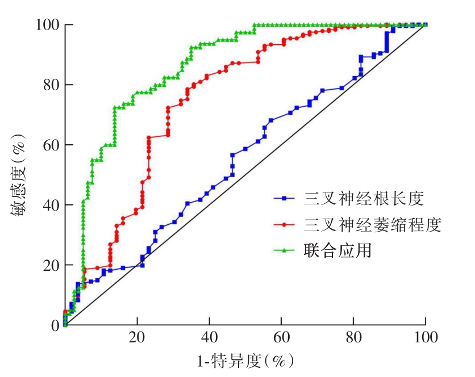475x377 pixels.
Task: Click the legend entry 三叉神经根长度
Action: (364, 199)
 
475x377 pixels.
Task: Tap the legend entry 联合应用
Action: (337, 250)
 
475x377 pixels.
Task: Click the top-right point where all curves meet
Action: (426, 24)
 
